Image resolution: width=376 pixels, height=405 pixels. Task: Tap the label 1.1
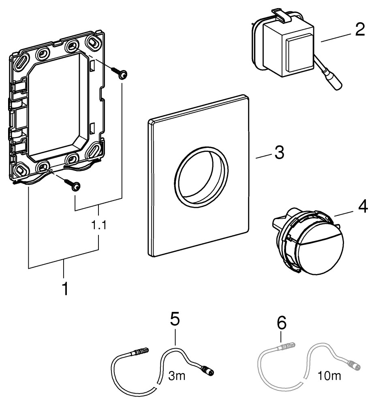pos(99,225)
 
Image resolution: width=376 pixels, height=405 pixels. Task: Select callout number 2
pos(360,30)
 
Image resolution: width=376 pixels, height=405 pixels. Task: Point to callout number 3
pos(279,153)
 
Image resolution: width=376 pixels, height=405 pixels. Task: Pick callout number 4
pos(363,208)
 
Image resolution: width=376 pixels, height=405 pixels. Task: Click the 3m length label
pos(177,376)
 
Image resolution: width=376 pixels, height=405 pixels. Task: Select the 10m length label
pos(329,376)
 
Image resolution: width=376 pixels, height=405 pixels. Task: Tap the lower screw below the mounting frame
pos(74,185)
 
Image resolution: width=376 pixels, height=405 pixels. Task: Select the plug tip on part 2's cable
pos(336,83)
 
